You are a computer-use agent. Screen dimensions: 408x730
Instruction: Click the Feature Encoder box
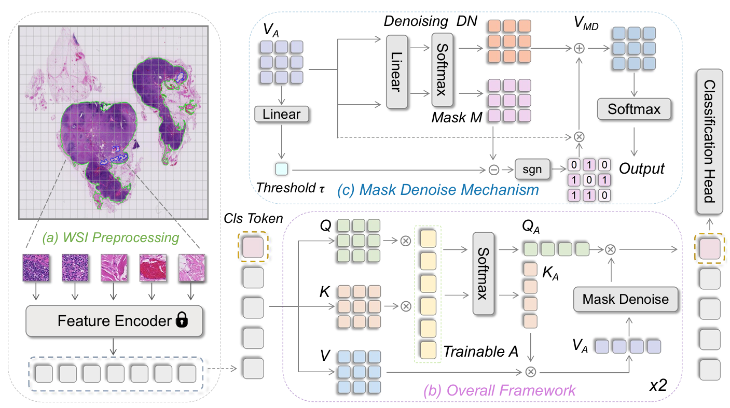[114, 321]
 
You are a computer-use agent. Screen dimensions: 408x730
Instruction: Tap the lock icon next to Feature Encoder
[181, 321]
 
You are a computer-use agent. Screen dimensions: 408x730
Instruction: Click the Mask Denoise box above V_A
[625, 299]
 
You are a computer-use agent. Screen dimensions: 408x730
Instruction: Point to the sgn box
[528, 169]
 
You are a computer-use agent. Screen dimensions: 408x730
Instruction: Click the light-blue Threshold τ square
[282, 168]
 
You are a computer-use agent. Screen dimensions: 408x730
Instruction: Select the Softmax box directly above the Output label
[633, 109]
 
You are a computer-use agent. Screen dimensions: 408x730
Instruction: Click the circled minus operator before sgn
[494, 169]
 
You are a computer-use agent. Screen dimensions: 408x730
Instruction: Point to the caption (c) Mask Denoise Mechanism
[438, 190]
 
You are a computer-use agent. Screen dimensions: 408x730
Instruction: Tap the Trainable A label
[480, 352]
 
